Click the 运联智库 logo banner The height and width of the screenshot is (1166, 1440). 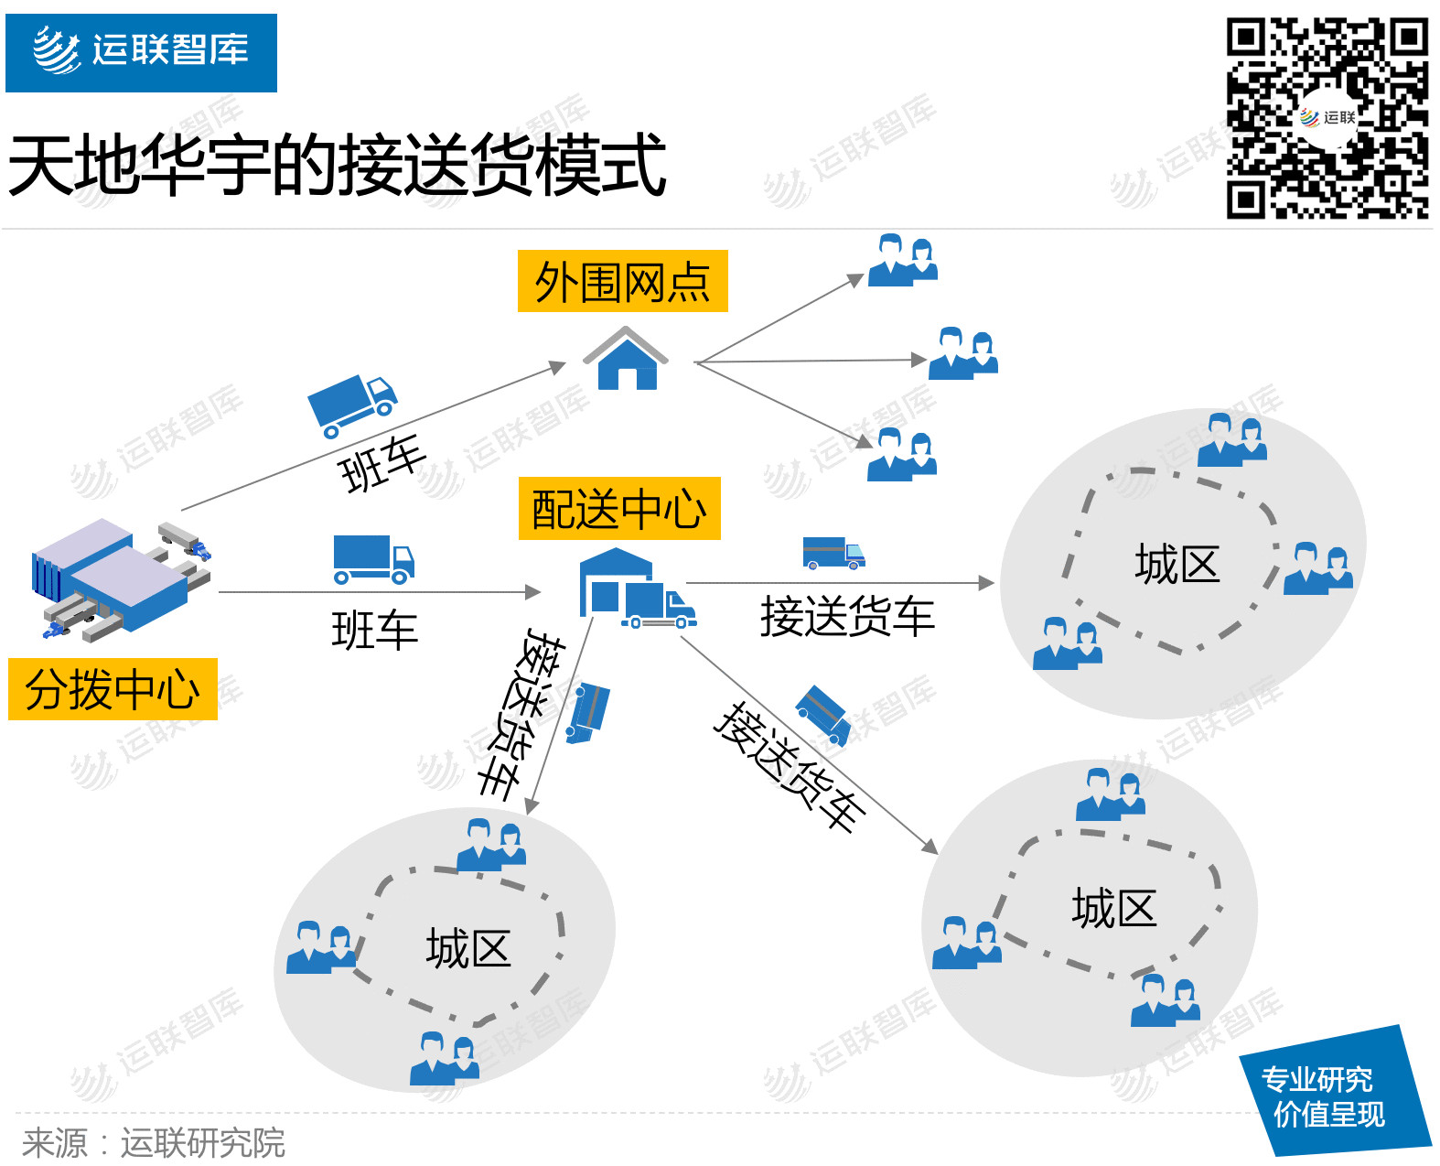(141, 52)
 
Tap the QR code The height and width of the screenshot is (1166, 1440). (1327, 118)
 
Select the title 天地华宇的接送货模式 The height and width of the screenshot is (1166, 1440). (337, 166)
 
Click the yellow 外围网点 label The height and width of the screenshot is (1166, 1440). (622, 281)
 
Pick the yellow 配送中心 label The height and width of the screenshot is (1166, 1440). (619, 509)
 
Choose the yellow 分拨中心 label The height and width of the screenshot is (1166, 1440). (113, 689)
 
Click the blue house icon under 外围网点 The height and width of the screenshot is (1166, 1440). (626, 360)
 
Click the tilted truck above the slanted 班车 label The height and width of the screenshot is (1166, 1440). (352, 404)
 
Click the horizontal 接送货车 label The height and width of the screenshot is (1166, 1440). (847, 616)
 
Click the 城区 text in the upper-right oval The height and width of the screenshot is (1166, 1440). (1177, 564)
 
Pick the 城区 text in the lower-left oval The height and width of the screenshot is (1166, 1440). (467, 948)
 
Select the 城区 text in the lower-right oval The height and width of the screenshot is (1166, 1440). (1113, 909)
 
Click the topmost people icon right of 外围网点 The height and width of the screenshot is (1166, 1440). (903, 260)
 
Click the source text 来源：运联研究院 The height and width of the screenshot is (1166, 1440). (154, 1143)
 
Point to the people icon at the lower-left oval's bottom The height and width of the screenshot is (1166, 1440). (445, 1059)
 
